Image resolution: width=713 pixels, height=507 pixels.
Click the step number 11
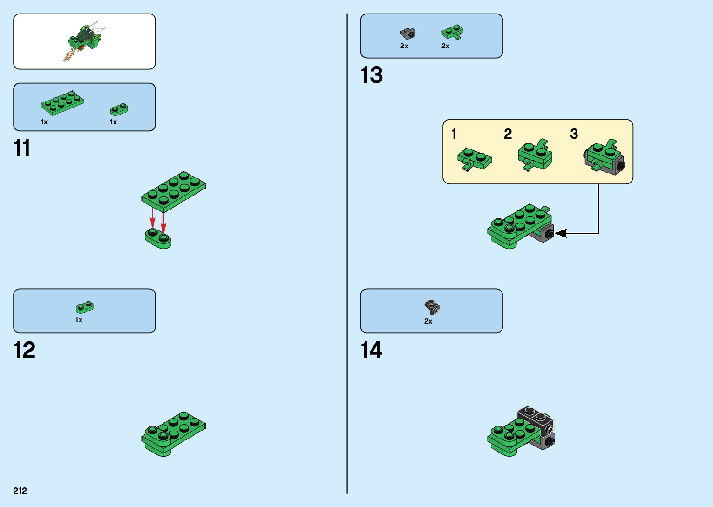click(22, 149)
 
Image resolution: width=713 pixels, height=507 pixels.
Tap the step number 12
click(24, 350)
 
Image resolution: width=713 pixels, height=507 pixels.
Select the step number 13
click(372, 75)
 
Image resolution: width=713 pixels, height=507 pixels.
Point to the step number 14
click(372, 350)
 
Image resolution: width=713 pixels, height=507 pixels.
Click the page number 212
click(20, 491)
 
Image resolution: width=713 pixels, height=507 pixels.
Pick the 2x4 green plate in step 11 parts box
click(62, 102)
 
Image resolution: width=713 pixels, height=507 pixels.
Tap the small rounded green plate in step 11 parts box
click(119, 109)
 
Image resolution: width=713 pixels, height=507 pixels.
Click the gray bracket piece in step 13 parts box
click(407, 34)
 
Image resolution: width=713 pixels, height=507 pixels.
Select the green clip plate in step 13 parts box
click(452, 32)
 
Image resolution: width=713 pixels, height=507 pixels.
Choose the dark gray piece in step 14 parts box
click(432, 307)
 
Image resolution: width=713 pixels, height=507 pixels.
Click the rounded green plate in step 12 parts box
click(84, 307)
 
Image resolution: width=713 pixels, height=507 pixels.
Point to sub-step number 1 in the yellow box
click(454, 134)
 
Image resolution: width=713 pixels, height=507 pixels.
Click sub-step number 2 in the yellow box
click(508, 134)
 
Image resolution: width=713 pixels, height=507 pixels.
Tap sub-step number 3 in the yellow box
click(574, 134)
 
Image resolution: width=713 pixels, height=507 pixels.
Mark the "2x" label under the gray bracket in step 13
click(404, 46)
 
